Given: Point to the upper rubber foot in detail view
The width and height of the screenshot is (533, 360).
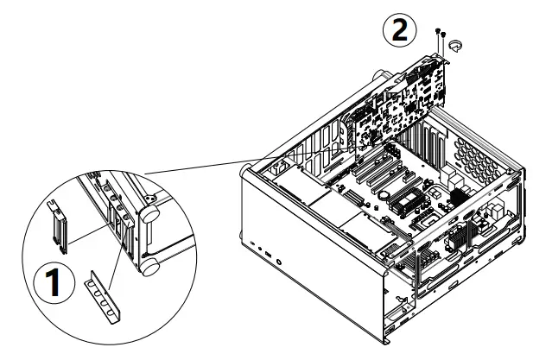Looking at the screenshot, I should click(x=151, y=210).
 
